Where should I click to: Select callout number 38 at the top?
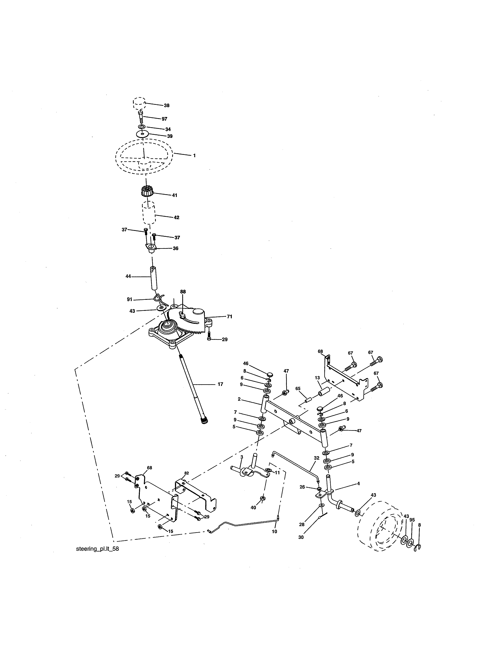166,105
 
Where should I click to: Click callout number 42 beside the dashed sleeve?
176,218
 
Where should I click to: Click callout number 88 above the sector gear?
183,292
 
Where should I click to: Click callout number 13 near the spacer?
317,378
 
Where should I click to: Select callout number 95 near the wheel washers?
412,520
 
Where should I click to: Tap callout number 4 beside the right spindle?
358,484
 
